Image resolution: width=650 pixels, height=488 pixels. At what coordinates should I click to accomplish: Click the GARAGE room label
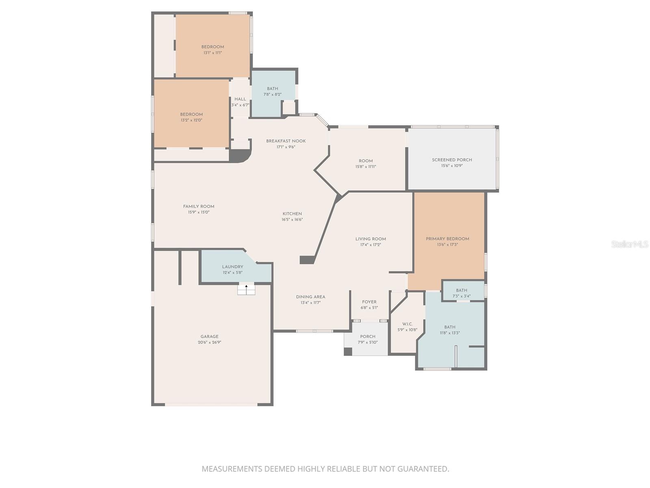(x=209, y=336)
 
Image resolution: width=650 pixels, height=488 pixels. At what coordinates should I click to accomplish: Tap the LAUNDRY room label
(x=232, y=267)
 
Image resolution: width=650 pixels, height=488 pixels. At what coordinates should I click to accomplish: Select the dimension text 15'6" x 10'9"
(x=452, y=166)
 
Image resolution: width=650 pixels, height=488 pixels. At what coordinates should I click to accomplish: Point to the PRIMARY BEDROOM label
(x=447, y=239)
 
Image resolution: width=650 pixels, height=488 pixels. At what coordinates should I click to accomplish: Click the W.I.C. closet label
(x=407, y=324)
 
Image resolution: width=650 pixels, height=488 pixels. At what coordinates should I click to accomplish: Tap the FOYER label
(x=369, y=302)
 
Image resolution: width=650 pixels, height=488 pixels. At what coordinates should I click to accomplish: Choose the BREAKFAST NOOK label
(x=286, y=141)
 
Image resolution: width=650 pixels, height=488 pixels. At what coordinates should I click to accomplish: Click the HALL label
(x=240, y=99)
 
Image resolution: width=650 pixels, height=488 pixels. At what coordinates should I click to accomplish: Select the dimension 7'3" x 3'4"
(x=461, y=296)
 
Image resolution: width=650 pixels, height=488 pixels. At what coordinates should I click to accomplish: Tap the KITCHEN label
(x=292, y=213)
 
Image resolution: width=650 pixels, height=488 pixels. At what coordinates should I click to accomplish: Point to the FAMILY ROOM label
(x=198, y=206)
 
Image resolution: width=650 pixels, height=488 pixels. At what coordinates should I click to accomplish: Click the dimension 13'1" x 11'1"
(x=212, y=53)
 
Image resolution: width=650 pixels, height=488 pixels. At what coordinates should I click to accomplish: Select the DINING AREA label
(x=310, y=297)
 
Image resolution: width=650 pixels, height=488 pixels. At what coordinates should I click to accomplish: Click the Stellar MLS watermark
(x=630, y=244)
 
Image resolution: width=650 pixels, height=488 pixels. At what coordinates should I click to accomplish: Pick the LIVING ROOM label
(x=370, y=239)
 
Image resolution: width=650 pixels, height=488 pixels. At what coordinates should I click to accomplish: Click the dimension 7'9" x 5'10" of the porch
(x=368, y=342)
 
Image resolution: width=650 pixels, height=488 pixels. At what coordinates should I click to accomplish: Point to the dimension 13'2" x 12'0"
(x=191, y=120)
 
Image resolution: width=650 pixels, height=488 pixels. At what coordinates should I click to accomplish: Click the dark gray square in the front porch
(x=348, y=352)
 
